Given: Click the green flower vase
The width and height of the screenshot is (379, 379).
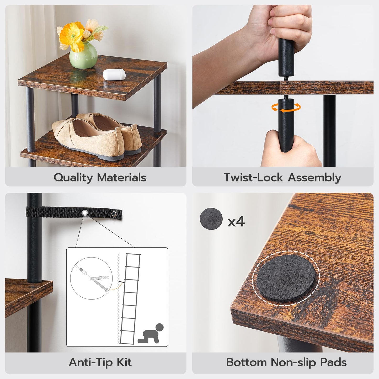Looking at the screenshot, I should (83, 56).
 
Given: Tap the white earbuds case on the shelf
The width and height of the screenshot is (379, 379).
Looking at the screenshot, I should (114, 74).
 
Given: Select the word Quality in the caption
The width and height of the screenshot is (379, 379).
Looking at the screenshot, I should (73, 178).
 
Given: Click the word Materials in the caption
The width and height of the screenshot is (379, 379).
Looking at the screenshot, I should (122, 178).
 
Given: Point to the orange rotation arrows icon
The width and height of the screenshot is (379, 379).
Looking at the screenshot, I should (286, 108).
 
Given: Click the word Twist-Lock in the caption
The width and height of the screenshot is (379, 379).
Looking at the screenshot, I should (253, 178).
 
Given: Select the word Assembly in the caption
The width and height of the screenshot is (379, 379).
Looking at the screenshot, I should (314, 178).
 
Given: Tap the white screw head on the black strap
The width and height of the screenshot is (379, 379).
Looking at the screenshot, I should (85, 212).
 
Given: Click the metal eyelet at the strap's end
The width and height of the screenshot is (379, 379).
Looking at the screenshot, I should (114, 214).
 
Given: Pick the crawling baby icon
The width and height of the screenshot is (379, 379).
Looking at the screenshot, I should (151, 334).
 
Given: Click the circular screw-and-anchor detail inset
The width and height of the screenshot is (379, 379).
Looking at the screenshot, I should (91, 278).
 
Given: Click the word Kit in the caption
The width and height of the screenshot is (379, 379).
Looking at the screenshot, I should (124, 362).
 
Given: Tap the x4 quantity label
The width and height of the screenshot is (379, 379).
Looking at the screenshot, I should (236, 222).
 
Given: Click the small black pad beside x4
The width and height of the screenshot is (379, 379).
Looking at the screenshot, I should (211, 219).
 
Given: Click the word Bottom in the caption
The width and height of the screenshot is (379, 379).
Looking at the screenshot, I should (246, 362).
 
